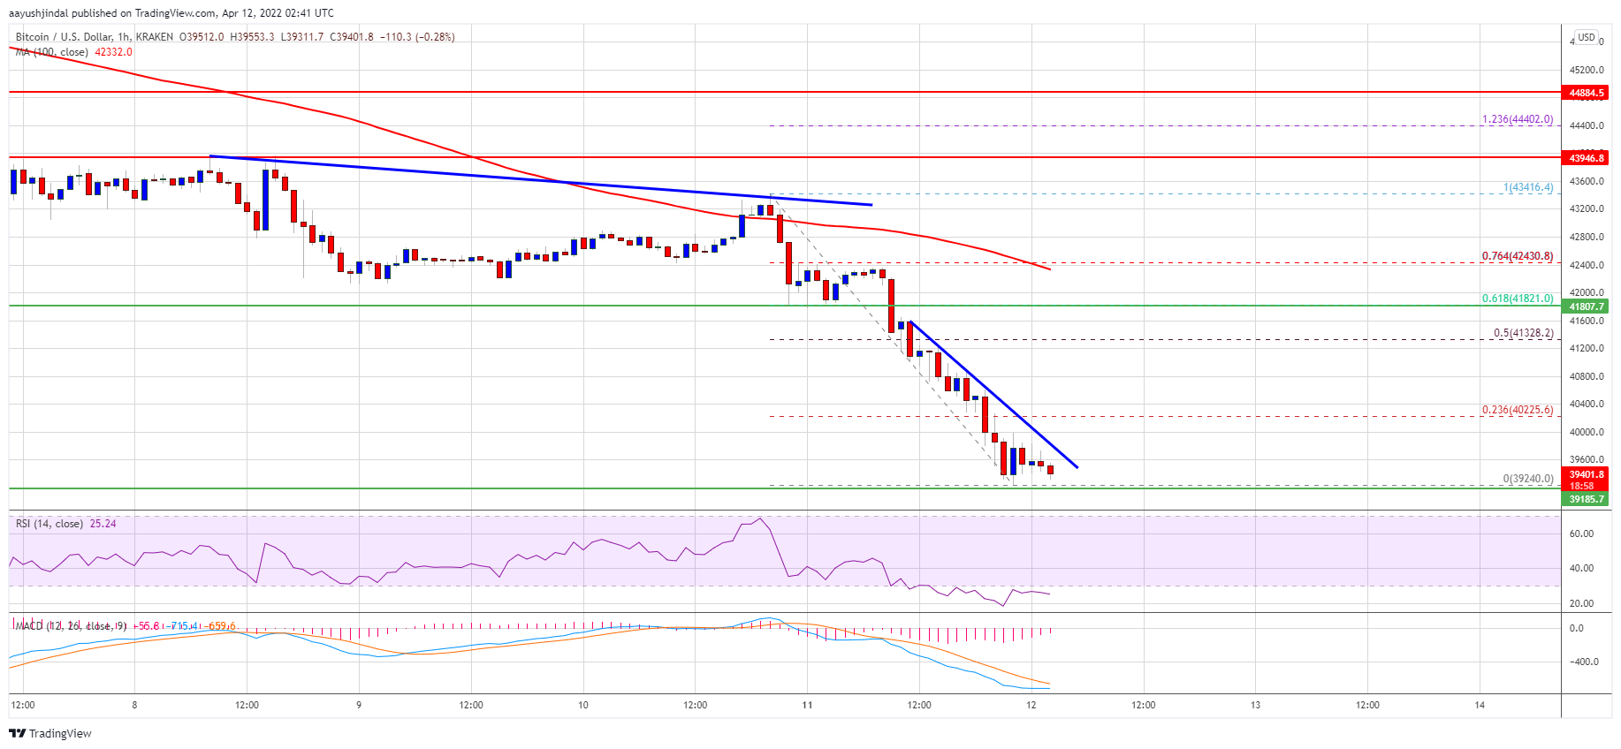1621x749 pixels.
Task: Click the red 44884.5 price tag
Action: coord(1587,93)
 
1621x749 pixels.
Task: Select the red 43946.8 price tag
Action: coord(1587,158)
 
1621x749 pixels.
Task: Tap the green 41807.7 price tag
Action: coord(1587,306)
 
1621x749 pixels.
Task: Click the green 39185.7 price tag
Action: coord(1587,499)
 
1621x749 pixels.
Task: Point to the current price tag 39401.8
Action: coord(1587,474)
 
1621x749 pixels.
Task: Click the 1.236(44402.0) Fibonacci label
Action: coord(1517,119)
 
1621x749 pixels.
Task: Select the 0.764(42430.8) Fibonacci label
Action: coord(1517,256)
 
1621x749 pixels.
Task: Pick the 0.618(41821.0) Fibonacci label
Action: coord(1517,299)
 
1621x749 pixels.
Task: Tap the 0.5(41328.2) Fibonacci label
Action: coord(1522,333)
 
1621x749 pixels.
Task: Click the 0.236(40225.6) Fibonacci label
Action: coord(1517,410)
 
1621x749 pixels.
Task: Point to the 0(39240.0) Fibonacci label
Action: coord(1527,479)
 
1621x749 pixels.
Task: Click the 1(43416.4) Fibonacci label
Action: coord(1527,187)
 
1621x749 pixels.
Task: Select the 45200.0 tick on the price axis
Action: coord(1587,70)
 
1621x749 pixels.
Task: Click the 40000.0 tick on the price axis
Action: coord(1587,432)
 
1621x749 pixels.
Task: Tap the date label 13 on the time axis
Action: coord(1255,705)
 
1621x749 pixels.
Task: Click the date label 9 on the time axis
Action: coord(359,705)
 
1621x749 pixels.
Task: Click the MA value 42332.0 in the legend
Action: coord(113,52)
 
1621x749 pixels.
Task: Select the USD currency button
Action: coord(1587,37)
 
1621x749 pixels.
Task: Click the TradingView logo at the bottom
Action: coord(50,733)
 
